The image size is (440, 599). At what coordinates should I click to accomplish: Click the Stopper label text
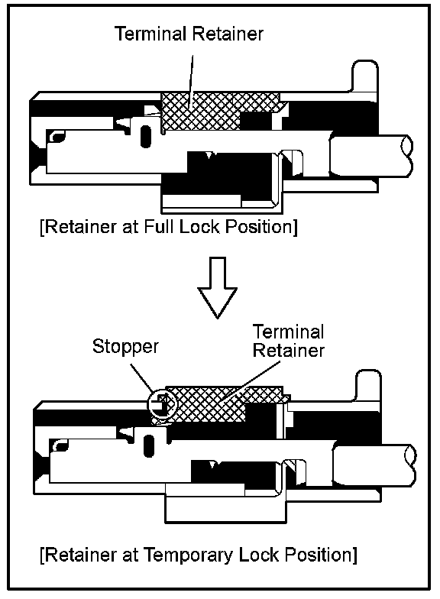point(125,346)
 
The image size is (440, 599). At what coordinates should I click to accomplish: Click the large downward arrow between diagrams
point(217,287)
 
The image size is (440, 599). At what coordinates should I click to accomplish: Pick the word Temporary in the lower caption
point(188,555)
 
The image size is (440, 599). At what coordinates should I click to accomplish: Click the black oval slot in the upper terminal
point(145,136)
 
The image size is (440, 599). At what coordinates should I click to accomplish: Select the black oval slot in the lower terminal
point(149,445)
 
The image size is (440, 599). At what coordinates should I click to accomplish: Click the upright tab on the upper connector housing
point(365,76)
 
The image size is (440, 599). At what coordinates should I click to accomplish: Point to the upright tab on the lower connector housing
point(368,386)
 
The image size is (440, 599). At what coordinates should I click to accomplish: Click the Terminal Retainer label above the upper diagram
point(189,34)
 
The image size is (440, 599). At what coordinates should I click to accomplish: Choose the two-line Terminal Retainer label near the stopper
point(289,341)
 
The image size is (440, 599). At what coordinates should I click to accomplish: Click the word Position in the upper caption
point(261,227)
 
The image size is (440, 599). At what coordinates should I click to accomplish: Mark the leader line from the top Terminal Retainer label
point(191,79)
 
